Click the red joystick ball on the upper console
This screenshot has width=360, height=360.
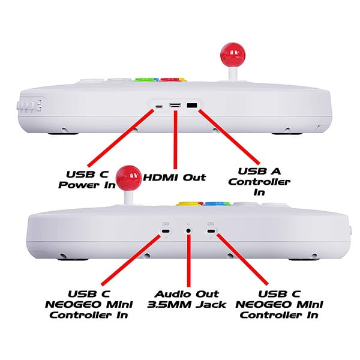(233, 55)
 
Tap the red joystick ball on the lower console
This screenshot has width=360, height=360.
(129, 178)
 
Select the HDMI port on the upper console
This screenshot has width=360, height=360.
(175, 106)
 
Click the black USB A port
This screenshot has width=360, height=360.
(192, 106)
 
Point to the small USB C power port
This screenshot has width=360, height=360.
(159, 107)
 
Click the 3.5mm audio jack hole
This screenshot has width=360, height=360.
(188, 230)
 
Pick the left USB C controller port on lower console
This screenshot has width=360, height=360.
(165, 231)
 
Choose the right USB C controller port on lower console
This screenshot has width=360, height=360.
(211, 231)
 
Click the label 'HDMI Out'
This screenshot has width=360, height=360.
(175, 177)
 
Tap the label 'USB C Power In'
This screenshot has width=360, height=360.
(87, 179)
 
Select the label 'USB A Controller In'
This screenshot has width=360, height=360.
(259, 182)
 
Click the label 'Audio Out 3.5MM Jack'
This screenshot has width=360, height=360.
(187, 299)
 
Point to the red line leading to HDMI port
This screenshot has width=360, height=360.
(175, 140)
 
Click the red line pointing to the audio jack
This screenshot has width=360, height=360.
(189, 260)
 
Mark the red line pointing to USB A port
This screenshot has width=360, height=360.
(229, 137)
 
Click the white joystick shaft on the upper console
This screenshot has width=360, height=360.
(232, 73)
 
